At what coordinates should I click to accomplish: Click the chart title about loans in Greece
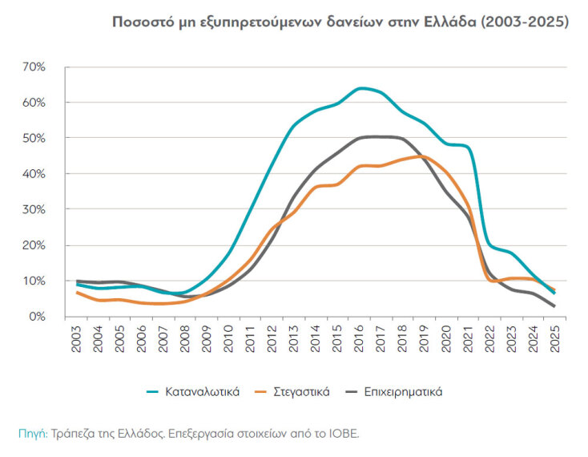pyautogui.click(x=341, y=22)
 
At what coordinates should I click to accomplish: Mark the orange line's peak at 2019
pyautogui.click(x=424, y=156)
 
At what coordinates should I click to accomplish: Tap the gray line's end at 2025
pyautogui.click(x=554, y=306)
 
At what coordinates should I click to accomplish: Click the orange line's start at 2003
pyautogui.click(x=77, y=293)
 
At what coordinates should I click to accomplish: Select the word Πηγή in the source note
pyautogui.click(x=32, y=433)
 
